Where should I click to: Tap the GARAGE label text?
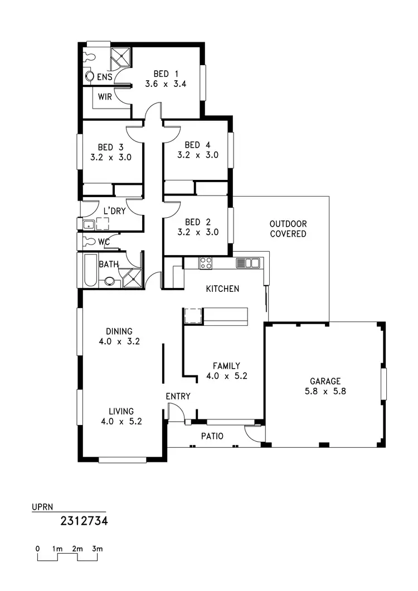[x=325, y=381]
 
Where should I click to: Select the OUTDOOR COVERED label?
[x=288, y=229]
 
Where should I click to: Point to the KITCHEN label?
[x=222, y=289]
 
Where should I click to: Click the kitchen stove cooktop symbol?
[x=206, y=263]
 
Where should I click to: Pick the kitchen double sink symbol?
[x=248, y=263]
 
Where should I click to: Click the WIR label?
[x=105, y=96]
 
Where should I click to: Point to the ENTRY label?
[x=178, y=396]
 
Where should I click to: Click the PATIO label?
[x=212, y=436]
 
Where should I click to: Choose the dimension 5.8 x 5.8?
[x=325, y=391]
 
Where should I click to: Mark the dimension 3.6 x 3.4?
[x=165, y=85]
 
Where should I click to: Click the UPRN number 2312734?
[x=84, y=521]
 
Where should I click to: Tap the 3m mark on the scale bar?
[x=98, y=549]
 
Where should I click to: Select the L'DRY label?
[x=114, y=211]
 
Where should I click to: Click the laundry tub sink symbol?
[x=88, y=225]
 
